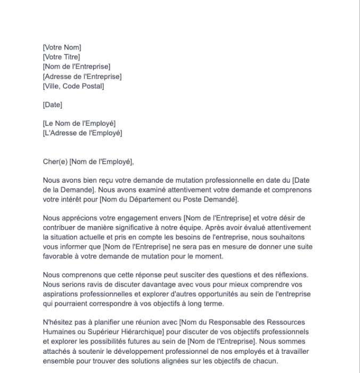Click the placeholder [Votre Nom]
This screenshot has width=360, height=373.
pyautogui.click(x=62, y=47)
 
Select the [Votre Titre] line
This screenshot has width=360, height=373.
pyautogui.click(x=61, y=57)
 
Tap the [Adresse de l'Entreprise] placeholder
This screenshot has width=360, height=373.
pyautogui.click(x=82, y=76)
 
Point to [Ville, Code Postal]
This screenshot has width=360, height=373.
pyautogui.click(x=73, y=86)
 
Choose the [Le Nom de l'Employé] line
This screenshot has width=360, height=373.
pyautogui.click(x=79, y=124)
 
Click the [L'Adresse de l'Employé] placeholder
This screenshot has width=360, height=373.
pyautogui.click(x=82, y=133)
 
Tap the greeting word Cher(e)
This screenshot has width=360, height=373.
pyautogui.click(x=55, y=162)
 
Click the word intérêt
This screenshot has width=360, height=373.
pyautogui.click(x=70, y=200)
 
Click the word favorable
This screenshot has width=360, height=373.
pyautogui.click(x=59, y=256)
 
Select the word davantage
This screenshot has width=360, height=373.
pyautogui.click(x=141, y=285)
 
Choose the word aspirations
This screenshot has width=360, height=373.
pyautogui.click(x=61, y=294)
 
